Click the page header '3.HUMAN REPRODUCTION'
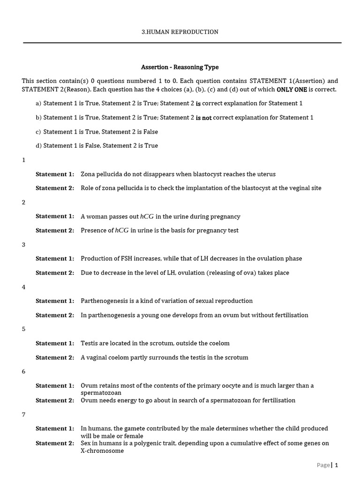tap(180, 32)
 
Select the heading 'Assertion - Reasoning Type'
tap(180, 67)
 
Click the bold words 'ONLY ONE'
tap(292, 90)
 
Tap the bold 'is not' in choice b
tap(204, 118)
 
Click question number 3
tap(24, 245)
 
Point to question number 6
tap(24, 372)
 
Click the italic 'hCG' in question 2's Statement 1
tap(147, 217)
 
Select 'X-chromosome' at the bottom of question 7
tap(102, 451)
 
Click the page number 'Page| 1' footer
tap(327, 465)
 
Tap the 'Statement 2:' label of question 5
tap(55, 357)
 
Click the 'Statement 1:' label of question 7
tap(55, 428)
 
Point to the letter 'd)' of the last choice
tap(38, 146)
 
